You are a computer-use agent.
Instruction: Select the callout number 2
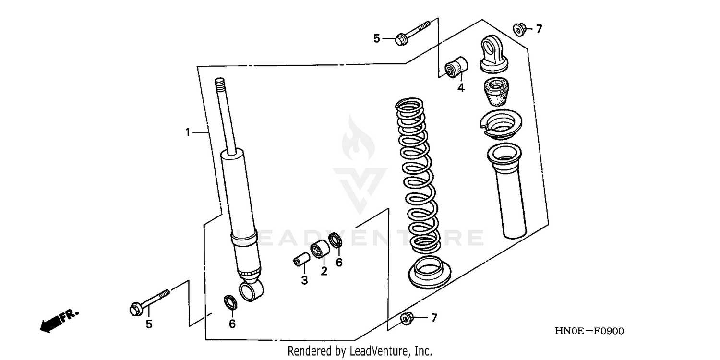point(324,271)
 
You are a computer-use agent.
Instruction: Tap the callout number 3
point(304,280)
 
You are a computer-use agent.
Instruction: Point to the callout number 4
point(461,88)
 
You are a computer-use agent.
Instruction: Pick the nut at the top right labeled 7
point(519,29)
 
